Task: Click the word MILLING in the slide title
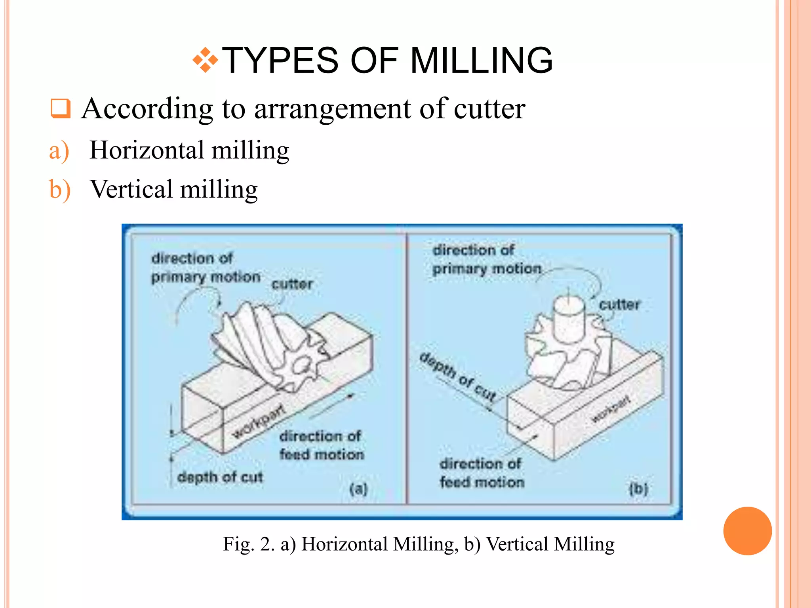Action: (x=481, y=61)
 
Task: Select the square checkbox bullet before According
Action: (x=61, y=108)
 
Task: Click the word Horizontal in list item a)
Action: (x=147, y=150)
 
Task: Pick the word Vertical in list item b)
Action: (x=131, y=189)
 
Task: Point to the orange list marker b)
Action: (x=60, y=190)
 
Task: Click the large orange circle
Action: (x=747, y=531)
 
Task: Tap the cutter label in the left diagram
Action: (x=292, y=284)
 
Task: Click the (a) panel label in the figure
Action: (x=359, y=489)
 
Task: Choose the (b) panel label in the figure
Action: (x=638, y=489)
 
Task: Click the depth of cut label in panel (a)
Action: (x=220, y=477)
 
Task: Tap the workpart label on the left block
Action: (x=258, y=422)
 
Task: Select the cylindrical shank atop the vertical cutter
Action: (x=569, y=319)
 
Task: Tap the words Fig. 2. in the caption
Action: (x=249, y=544)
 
